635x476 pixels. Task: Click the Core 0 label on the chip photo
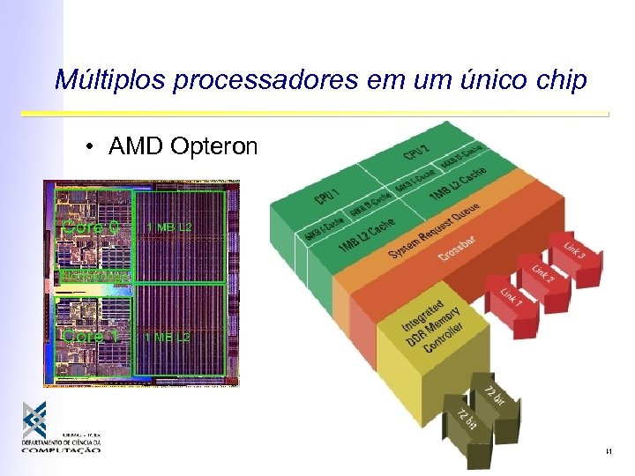[x=90, y=227]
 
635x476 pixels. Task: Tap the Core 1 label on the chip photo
[x=90, y=336]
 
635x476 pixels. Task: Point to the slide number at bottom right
[x=609, y=452]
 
